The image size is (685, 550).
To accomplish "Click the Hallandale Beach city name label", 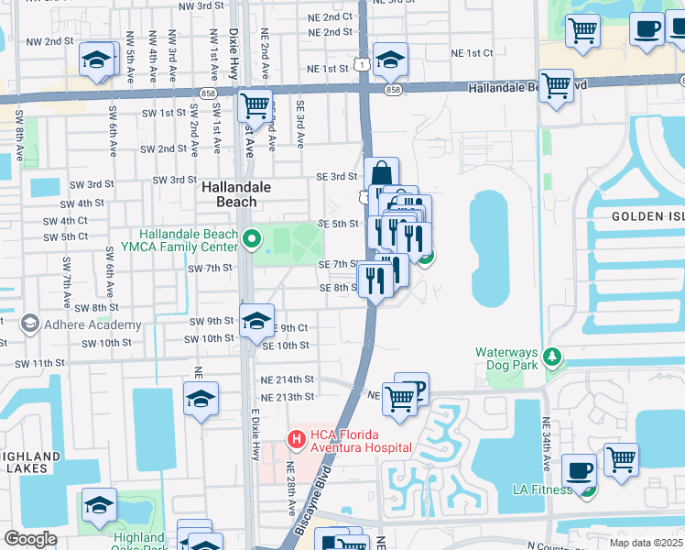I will point(229,192).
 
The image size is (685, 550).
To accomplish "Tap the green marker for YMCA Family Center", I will point(253,240).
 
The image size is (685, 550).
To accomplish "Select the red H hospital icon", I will point(297,440).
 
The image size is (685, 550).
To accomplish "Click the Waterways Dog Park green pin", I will point(552,355).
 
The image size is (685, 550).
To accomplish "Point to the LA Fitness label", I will point(543,489).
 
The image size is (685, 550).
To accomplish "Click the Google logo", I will point(31,539).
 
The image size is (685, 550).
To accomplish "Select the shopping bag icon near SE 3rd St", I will point(381,174).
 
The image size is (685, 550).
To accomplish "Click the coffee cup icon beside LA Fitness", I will point(579,470).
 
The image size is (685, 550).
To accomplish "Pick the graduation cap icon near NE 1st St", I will point(390,60).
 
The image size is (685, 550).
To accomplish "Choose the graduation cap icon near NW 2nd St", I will point(96,60).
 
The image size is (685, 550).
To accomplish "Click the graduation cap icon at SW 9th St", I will point(256,322).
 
